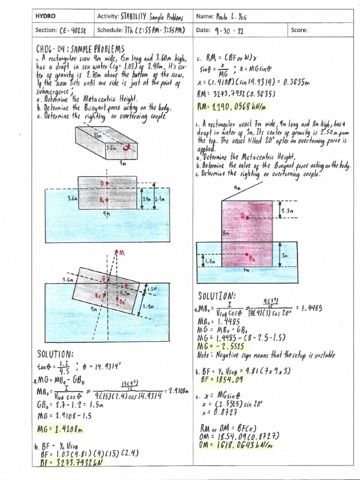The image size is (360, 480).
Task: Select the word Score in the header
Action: coord(299,30)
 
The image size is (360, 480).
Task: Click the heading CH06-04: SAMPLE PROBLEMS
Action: coord(80,49)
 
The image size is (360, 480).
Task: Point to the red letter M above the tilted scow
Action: coord(122,253)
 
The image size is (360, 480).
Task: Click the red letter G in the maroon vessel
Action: coord(244,216)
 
